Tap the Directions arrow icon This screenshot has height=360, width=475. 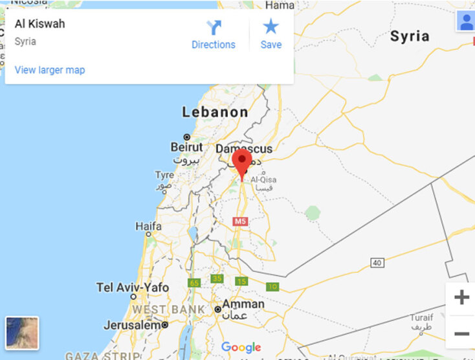[x=214, y=28]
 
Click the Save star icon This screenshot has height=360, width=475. [x=271, y=27]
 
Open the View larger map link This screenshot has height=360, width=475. [x=50, y=70]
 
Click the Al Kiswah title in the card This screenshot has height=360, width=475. [x=40, y=25]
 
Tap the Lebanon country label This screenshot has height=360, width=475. [x=215, y=112]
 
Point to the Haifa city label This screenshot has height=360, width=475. [x=148, y=226]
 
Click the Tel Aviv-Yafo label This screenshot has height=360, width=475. [x=132, y=287]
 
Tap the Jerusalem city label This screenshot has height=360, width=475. [x=131, y=325]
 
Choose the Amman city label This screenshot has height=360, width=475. [x=243, y=304]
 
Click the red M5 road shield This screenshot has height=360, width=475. [x=241, y=221]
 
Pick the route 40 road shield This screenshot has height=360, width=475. [x=377, y=262]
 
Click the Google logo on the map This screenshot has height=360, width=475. [x=241, y=348]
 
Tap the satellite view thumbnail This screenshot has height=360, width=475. [x=22, y=332]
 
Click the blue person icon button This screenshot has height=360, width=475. [x=465, y=21]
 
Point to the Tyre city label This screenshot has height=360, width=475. [x=164, y=175]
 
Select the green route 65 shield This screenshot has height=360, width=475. [x=194, y=283]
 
